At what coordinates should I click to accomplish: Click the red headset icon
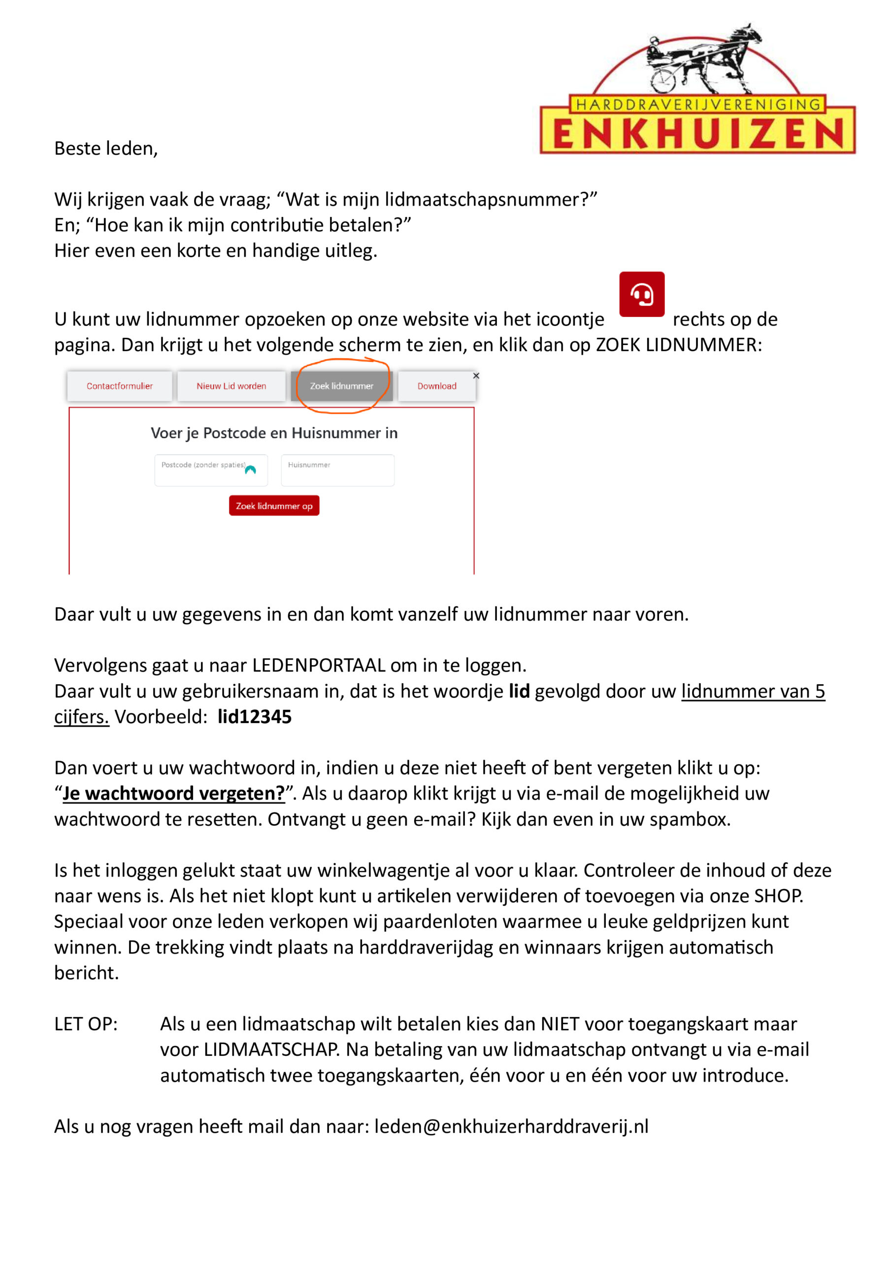point(641,294)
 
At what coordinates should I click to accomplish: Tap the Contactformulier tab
point(119,386)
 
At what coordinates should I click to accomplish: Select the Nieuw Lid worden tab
point(231,386)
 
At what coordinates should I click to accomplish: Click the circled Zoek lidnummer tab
point(341,386)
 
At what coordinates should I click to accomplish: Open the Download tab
point(437,386)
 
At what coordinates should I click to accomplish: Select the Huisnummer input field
point(337,470)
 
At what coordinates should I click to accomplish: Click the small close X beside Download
point(476,376)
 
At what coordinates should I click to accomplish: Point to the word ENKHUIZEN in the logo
point(697,134)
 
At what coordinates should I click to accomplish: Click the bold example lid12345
point(254,717)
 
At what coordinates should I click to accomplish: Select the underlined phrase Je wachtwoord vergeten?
point(173,793)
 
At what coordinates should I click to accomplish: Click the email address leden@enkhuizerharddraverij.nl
point(511,1126)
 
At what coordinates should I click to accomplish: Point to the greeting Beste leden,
point(106,148)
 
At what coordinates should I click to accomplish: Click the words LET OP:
point(86,1024)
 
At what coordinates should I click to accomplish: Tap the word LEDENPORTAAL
point(319,665)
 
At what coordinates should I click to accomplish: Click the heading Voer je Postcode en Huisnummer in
point(274,433)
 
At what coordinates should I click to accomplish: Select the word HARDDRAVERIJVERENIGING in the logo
point(697,105)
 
